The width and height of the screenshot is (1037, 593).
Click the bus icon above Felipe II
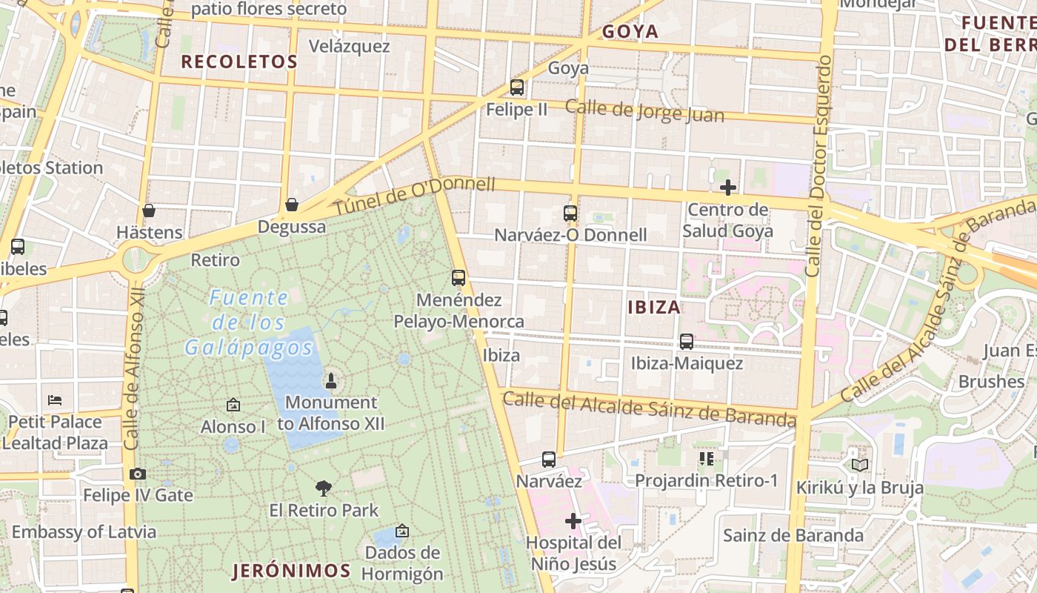point(517,87)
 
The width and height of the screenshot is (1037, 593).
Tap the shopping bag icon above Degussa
point(292,205)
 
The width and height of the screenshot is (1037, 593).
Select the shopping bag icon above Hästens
point(149,211)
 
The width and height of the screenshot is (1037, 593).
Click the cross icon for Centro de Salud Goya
point(728,188)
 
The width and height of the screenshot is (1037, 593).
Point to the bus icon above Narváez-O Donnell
point(570,213)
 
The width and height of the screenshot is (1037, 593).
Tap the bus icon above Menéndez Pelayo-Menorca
point(459,278)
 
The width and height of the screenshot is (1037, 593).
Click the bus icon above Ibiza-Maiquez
point(687,342)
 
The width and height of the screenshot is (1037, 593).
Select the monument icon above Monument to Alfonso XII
point(331,381)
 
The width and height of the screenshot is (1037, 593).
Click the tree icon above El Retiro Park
point(324,488)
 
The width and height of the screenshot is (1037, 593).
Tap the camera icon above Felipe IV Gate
point(137,474)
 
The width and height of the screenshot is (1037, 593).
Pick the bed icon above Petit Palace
point(55,400)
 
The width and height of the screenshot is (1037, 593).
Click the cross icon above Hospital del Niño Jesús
point(573,521)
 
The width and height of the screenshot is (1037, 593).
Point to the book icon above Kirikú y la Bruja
point(859,466)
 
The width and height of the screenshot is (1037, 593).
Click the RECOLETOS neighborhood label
point(239,62)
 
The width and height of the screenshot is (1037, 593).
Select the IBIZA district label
point(654,307)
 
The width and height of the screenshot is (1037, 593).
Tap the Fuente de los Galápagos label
point(249,322)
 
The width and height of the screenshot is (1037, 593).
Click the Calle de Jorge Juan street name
point(644,111)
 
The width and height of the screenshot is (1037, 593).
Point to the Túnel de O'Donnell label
point(414,196)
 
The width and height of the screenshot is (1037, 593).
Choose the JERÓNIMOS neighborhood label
point(291,571)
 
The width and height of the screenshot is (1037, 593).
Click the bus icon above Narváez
point(548,460)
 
